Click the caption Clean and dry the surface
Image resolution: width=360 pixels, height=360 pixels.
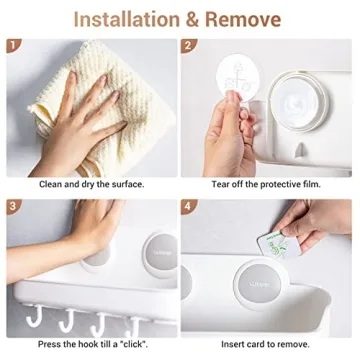[91, 185]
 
